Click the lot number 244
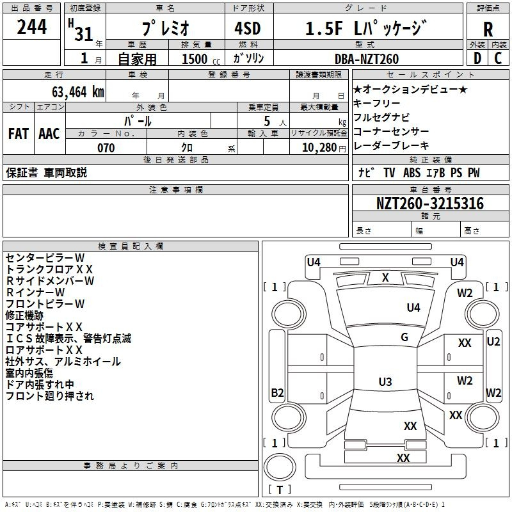click(x=31, y=28)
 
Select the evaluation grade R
click(x=488, y=29)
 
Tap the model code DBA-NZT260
click(x=367, y=59)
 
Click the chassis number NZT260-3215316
click(x=429, y=204)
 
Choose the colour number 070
click(x=106, y=148)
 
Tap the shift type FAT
click(x=19, y=134)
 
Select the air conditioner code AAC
click(x=49, y=134)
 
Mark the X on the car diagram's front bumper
click(x=385, y=277)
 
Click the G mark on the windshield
click(x=404, y=337)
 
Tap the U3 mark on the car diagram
click(x=385, y=382)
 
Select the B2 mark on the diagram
click(x=277, y=393)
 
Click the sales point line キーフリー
click(x=377, y=103)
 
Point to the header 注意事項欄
click(x=176, y=189)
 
